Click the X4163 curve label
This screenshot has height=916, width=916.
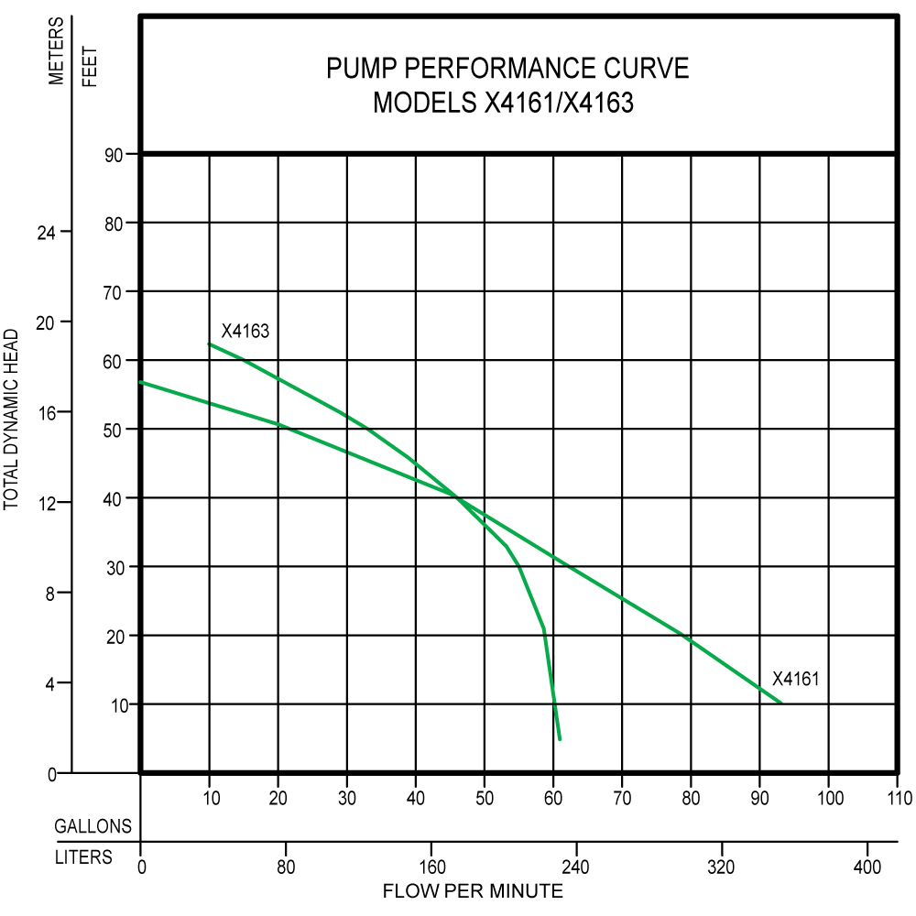tap(245, 331)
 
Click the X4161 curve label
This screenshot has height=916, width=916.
tap(795, 679)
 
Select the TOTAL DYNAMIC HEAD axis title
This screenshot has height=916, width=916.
tap(13, 418)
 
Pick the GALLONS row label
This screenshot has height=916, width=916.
tap(93, 826)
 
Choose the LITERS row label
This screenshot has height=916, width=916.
tap(83, 857)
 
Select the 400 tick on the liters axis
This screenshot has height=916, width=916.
tap(867, 866)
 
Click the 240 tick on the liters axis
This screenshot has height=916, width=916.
tap(575, 866)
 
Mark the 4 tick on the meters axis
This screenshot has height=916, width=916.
tap(50, 683)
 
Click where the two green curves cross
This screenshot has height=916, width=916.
tap(456, 497)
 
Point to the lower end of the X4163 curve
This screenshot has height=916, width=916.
tap(560, 738)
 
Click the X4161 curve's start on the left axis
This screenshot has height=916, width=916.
tap(141, 382)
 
